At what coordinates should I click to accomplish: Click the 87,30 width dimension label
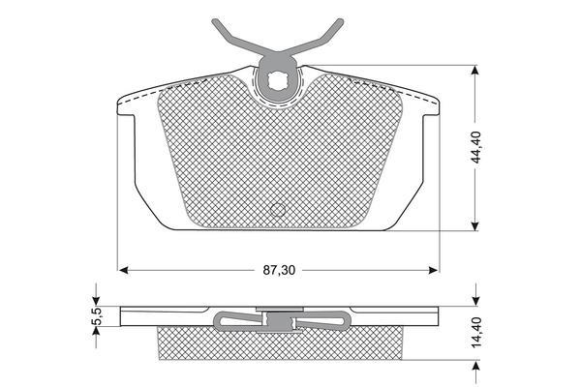[x=279, y=270]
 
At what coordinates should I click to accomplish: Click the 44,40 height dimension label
[x=475, y=147]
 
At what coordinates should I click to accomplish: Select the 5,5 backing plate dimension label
[x=96, y=316]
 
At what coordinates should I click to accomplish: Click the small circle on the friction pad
[x=277, y=210]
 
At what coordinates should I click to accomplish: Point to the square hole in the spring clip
[x=277, y=80]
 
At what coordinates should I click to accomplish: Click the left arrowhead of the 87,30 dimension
[x=123, y=270]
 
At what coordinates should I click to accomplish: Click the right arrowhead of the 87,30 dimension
[x=433, y=270]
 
